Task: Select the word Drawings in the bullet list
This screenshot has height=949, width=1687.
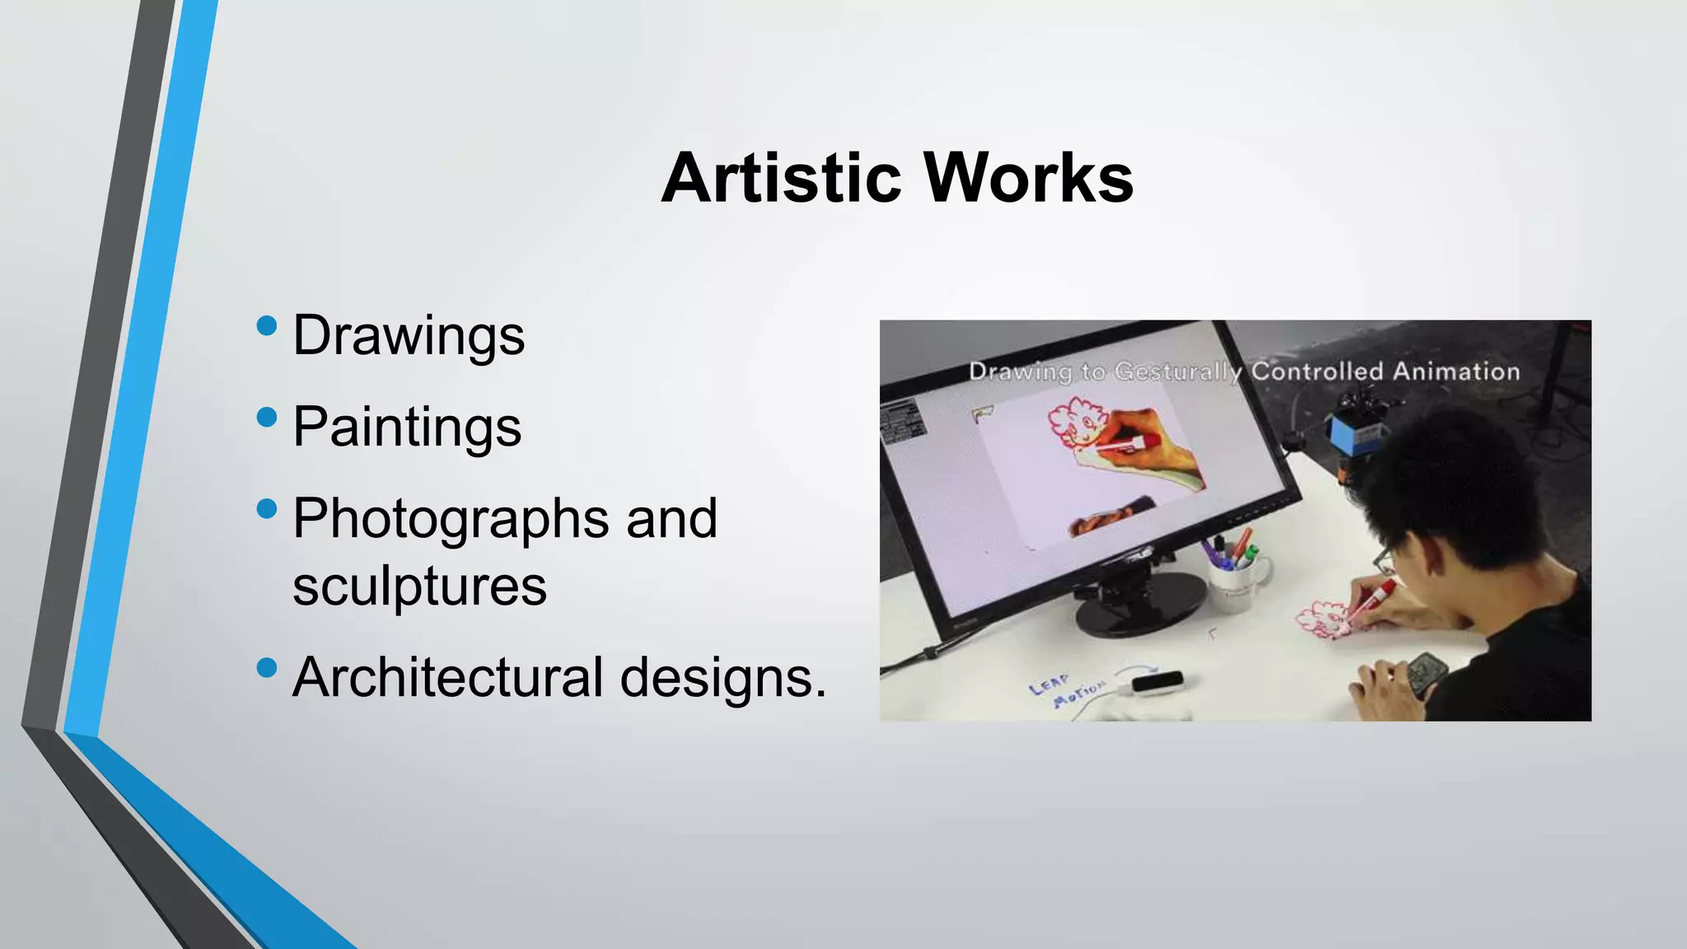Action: point(409,336)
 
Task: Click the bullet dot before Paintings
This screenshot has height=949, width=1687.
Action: point(267,417)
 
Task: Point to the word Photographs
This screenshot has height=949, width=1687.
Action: point(451,519)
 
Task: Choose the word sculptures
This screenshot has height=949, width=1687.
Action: point(419,586)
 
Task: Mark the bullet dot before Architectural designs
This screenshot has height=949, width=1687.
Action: point(267,667)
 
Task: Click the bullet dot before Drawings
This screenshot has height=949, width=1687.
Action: point(267,325)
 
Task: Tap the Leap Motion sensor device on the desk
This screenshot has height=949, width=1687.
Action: point(1158,683)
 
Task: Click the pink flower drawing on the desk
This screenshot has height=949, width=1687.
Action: point(1322,619)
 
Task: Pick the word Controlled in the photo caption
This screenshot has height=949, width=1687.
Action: point(1316,372)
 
